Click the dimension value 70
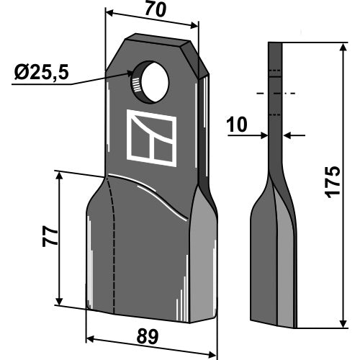click(156, 10)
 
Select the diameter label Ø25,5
click(42, 73)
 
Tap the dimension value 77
click(50, 236)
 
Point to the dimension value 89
click(148, 336)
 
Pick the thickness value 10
click(237, 125)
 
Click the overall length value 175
click(333, 182)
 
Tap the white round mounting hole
click(156, 81)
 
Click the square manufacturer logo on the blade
click(151, 138)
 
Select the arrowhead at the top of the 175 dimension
click(343, 48)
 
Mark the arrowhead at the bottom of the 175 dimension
click(343, 323)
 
